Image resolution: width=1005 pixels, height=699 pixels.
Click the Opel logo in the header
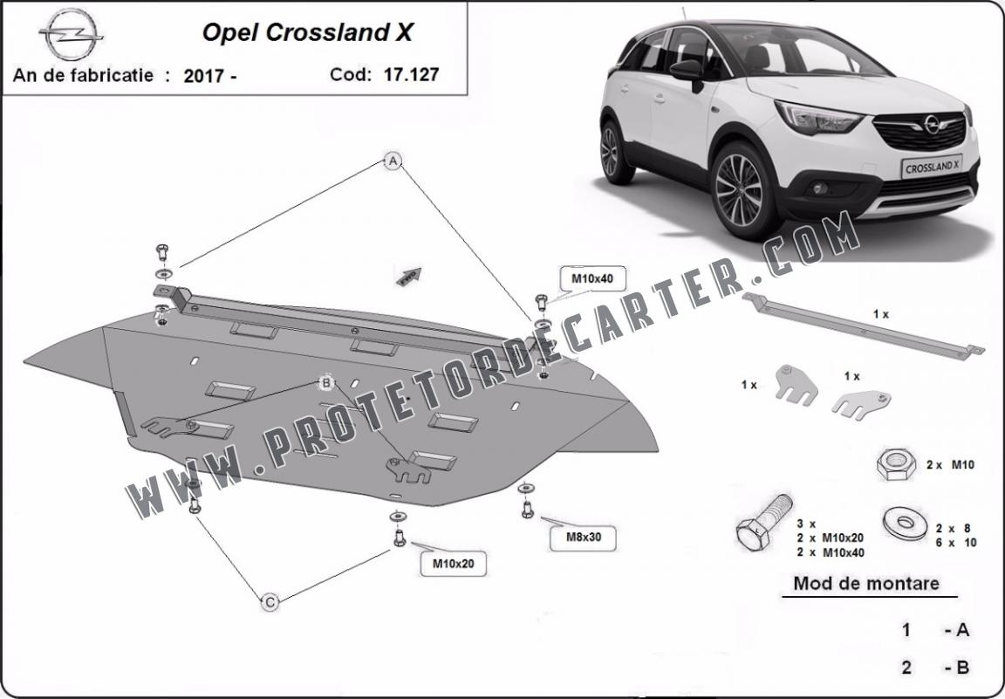pyautogui.click(x=71, y=35)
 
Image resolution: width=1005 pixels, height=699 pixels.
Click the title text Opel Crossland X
pyautogui.click(x=308, y=32)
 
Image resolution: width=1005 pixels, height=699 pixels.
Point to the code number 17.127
pyautogui.click(x=411, y=74)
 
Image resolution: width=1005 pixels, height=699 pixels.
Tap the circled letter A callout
pyautogui.click(x=393, y=161)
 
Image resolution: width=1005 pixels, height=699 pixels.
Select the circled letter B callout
pyautogui.click(x=326, y=383)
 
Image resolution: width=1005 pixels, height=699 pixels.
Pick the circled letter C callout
pyautogui.click(x=270, y=602)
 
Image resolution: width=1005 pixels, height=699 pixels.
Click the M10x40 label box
pyautogui.click(x=592, y=279)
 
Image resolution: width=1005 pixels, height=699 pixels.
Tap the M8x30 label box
pyautogui.click(x=584, y=538)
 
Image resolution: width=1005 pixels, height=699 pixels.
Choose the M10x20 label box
pyautogui.click(x=453, y=564)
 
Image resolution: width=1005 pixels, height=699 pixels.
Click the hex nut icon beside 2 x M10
pyautogui.click(x=896, y=464)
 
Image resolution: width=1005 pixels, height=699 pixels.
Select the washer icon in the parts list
pyautogui.click(x=905, y=523)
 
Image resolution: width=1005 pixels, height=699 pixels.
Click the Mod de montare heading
pyautogui.click(x=866, y=584)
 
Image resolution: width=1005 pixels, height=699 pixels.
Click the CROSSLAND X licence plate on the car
pyautogui.click(x=932, y=167)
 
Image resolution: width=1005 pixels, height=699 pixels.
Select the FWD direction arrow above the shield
pyautogui.click(x=409, y=276)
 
